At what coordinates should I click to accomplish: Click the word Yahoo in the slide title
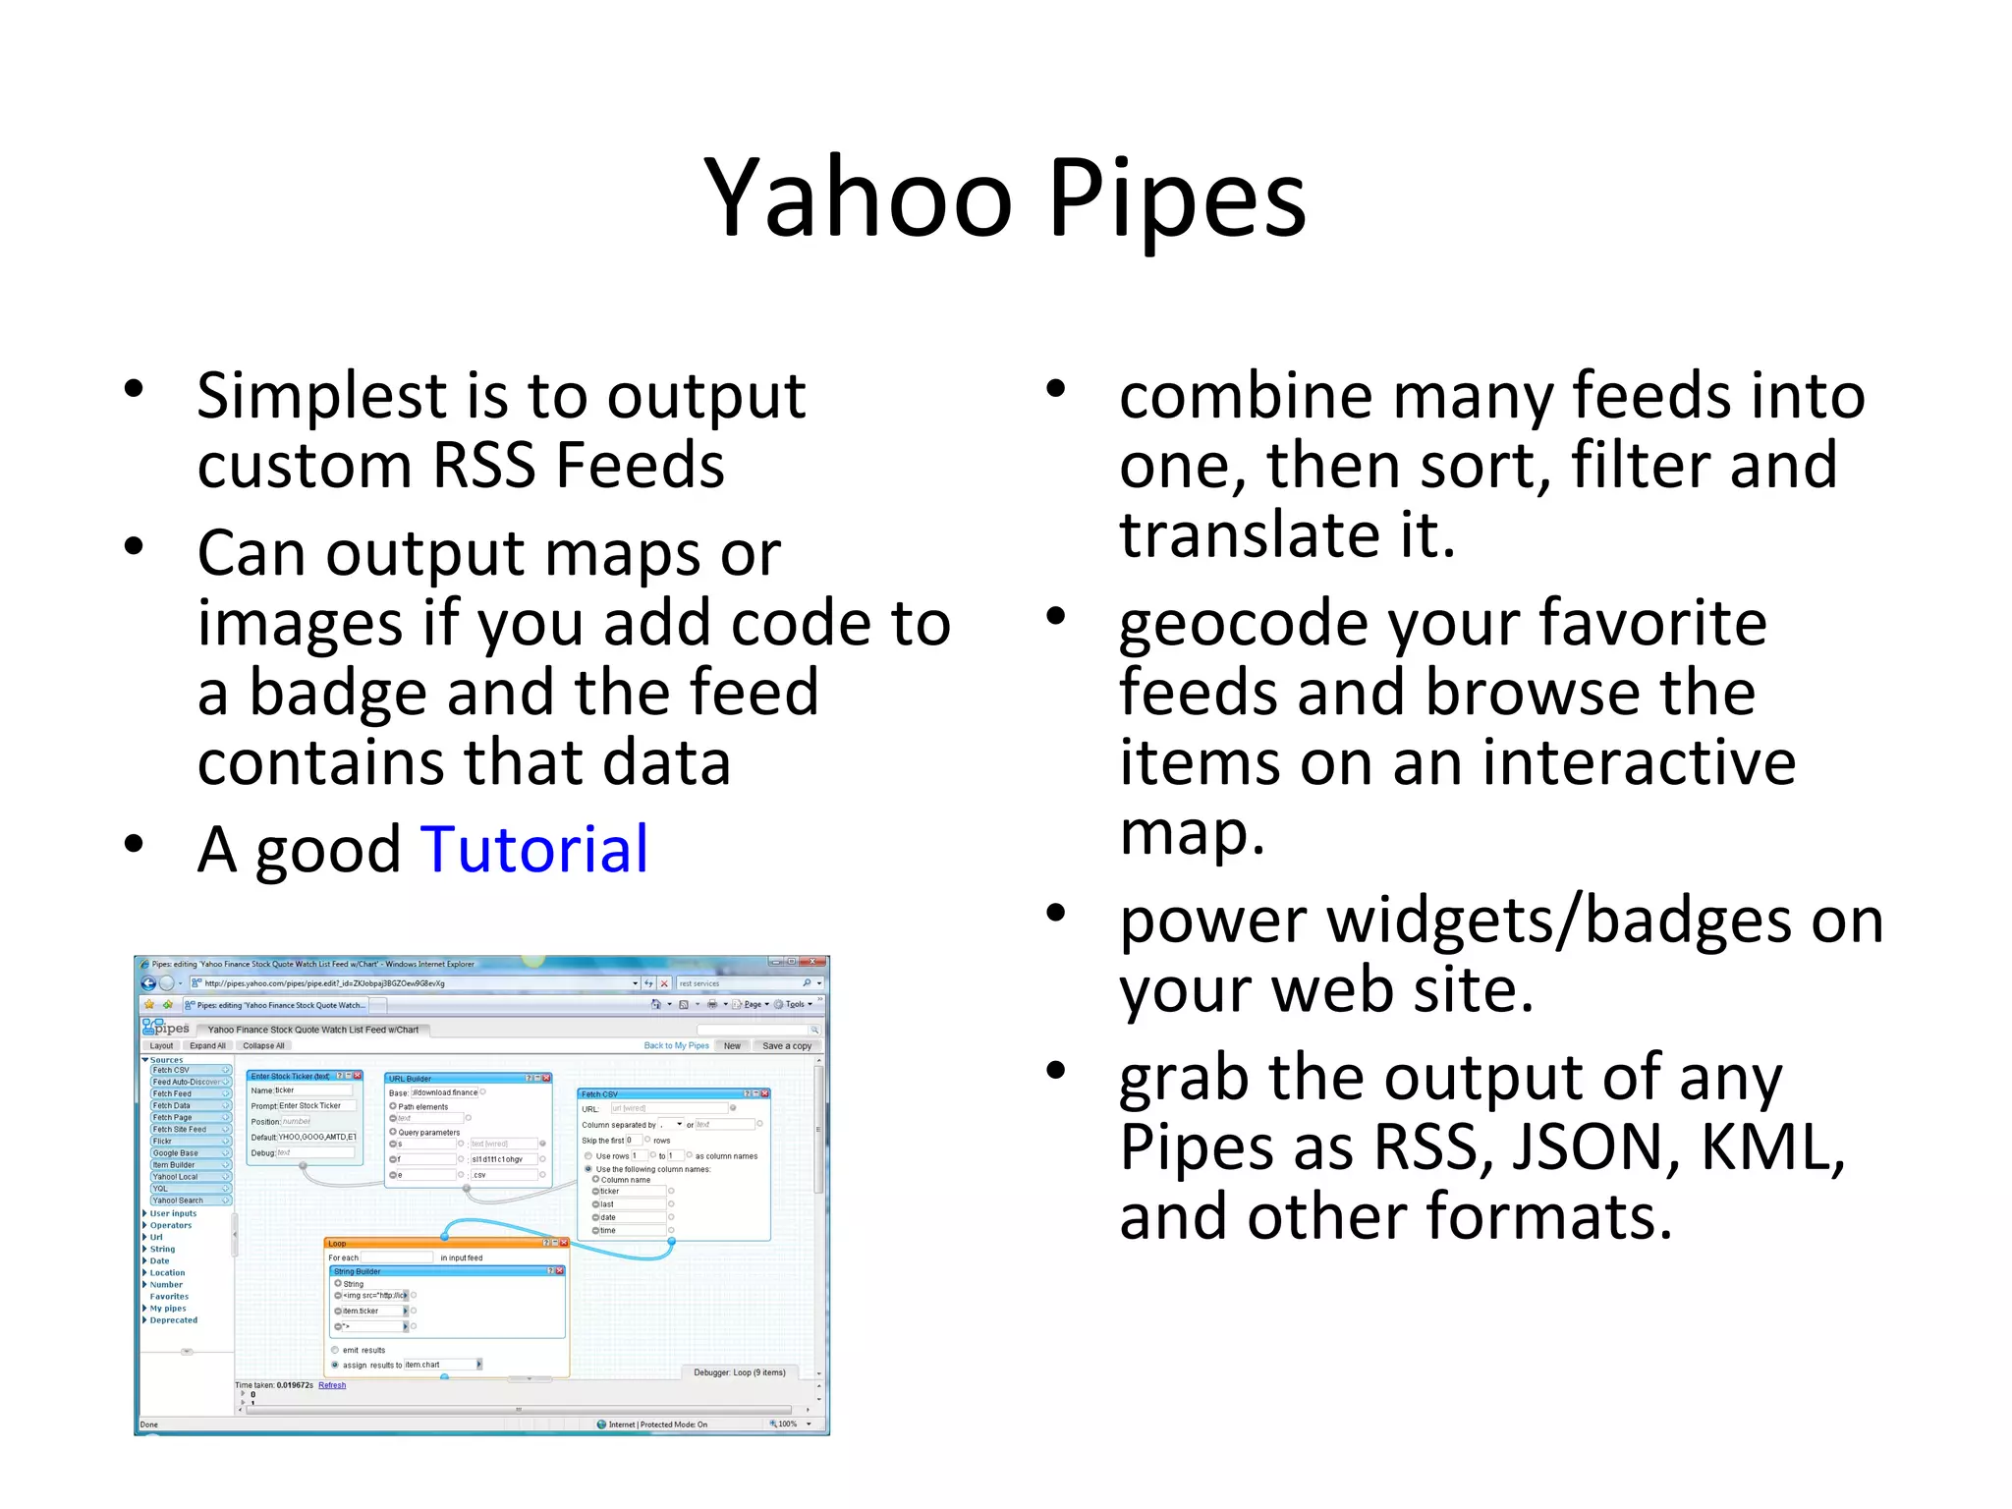coord(858,199)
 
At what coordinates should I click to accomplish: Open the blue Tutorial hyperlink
coord(533,850)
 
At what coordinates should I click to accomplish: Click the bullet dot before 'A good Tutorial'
coord(135,844)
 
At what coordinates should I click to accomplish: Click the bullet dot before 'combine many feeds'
coord(1056,389)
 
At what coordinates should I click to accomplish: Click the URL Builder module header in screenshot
coord(452,1078)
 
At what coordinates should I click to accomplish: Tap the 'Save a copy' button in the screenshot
coord(786,1045)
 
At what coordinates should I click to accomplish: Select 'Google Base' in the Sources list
coord(177,1152)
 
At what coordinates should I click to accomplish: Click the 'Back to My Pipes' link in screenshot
coord(676,1045)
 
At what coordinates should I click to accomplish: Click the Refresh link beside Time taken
coord(332,1385)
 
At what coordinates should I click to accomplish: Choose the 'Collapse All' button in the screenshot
coord(263,1045)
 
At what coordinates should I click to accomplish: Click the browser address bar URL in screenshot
coord(324,982)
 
